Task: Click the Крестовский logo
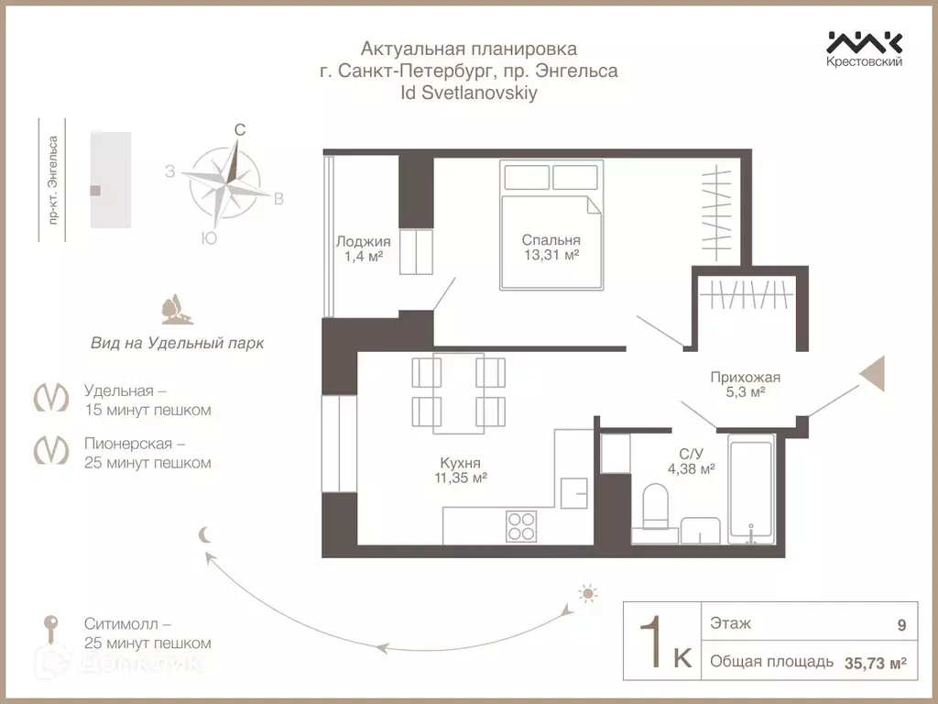[865, 49]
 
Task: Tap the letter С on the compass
[239, 130]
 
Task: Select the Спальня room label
[551, 240]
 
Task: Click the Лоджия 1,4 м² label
[363, 249]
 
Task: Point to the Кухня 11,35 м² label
[461, 470]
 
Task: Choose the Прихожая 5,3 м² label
[746, 384]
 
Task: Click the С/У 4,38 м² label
[692, 462]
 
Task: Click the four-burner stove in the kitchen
[521, 526]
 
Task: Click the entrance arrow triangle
[872, 374]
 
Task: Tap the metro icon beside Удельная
[51, 397]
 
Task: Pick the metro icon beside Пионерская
[51, 449]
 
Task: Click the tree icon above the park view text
[177, 309]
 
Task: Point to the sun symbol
[588, 593]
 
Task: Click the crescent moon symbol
[205, 534]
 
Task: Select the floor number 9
[901, 625]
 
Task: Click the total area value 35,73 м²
[875, 664]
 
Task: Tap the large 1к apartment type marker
[665, 643]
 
